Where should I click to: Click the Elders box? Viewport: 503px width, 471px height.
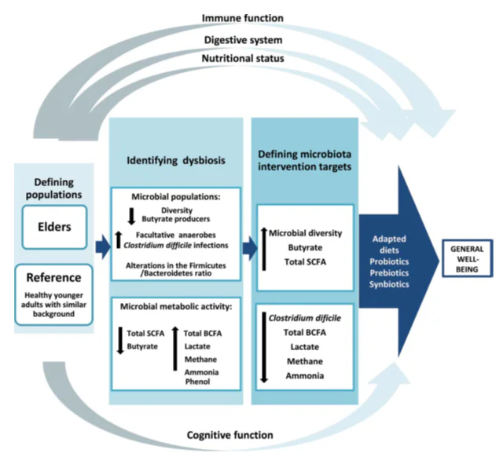[x=54, y=227]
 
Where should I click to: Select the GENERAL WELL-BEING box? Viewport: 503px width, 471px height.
[x=467, y=258]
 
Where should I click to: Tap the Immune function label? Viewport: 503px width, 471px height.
[x=243, y=18]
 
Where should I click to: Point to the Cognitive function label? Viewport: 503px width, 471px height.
[x=230, y=435]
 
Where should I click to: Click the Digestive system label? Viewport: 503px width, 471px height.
[x=243, y=40]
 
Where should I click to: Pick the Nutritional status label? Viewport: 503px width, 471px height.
[x=243, y=58]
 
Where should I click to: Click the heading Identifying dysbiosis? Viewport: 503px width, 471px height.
[x=176, y=160]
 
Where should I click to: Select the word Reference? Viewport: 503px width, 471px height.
[x=53, y=277]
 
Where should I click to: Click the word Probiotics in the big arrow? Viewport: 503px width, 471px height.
[x=389, y=261]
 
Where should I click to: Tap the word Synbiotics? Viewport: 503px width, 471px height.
[x=389, y=284]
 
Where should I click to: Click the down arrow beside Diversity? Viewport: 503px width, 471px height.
[x=131, y=217]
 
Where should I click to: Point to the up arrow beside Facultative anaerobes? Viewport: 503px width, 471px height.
[x=119, y=239]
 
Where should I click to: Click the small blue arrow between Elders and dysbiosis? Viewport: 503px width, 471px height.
[x=103, y=246]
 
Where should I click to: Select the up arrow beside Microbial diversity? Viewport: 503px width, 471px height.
[x=264, y=249]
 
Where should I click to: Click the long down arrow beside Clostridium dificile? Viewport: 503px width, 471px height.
[x=264, y=348]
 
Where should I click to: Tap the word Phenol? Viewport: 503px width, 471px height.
[x=197, y=382]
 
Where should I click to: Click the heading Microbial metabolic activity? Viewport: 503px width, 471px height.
[x=176, y=307]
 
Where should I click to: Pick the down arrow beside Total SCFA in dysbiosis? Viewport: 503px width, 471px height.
[x=120, y=340]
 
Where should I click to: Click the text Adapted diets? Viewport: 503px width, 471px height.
[x=389, y=244]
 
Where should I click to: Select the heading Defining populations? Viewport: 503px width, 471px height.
[x=54, y=188]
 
